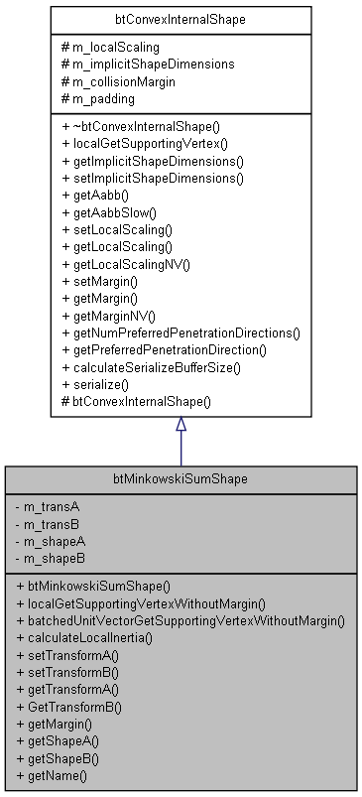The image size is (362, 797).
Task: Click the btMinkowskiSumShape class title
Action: (181, 477)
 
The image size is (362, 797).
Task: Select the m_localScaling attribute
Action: (116, 48)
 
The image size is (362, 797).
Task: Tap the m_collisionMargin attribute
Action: (124, 79)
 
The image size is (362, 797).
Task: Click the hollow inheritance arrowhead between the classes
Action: (181, 424)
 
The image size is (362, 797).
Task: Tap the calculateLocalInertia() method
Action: (90, 636)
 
